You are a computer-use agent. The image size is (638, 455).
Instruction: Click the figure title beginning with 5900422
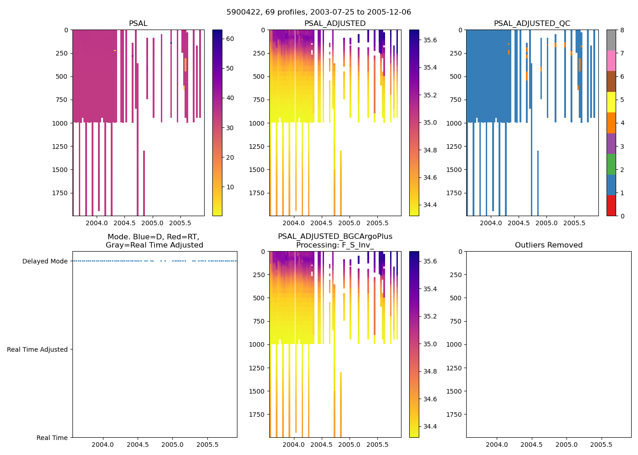319,12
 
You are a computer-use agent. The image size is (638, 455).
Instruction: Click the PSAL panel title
138,24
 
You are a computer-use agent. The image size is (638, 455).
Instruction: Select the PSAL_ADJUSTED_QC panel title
532,24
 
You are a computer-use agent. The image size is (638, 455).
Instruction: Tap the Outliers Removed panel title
549,245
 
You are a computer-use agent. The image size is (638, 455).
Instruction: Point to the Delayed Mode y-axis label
45,261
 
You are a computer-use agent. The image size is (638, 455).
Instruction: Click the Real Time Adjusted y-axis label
37,349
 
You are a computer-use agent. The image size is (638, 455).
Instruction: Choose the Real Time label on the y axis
52,438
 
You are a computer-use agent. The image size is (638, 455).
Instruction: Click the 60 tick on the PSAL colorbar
230,39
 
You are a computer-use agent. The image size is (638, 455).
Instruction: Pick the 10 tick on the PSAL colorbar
230,187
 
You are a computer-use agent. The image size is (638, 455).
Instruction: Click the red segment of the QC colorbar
611,206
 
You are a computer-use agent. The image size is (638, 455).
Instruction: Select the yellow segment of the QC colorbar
611,102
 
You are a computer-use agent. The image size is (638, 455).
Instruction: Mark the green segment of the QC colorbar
611,164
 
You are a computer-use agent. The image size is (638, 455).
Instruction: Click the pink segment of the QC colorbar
611,61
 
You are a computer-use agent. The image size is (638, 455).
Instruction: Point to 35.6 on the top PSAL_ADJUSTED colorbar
430,40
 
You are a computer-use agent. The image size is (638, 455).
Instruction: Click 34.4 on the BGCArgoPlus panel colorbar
430,426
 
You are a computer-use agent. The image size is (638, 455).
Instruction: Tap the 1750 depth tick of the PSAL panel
60,193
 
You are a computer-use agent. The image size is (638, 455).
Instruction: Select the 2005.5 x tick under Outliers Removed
601,445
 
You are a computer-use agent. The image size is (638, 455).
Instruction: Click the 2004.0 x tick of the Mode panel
103,445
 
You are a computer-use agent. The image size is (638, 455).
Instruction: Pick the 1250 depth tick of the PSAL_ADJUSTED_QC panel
454,147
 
